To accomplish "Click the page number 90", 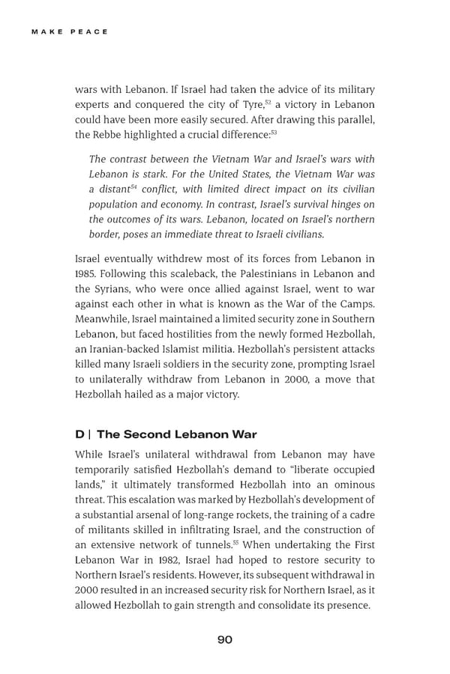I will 225,639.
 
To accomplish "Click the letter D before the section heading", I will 79,434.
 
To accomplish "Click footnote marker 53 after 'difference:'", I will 274,133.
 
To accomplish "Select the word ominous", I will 346,484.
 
